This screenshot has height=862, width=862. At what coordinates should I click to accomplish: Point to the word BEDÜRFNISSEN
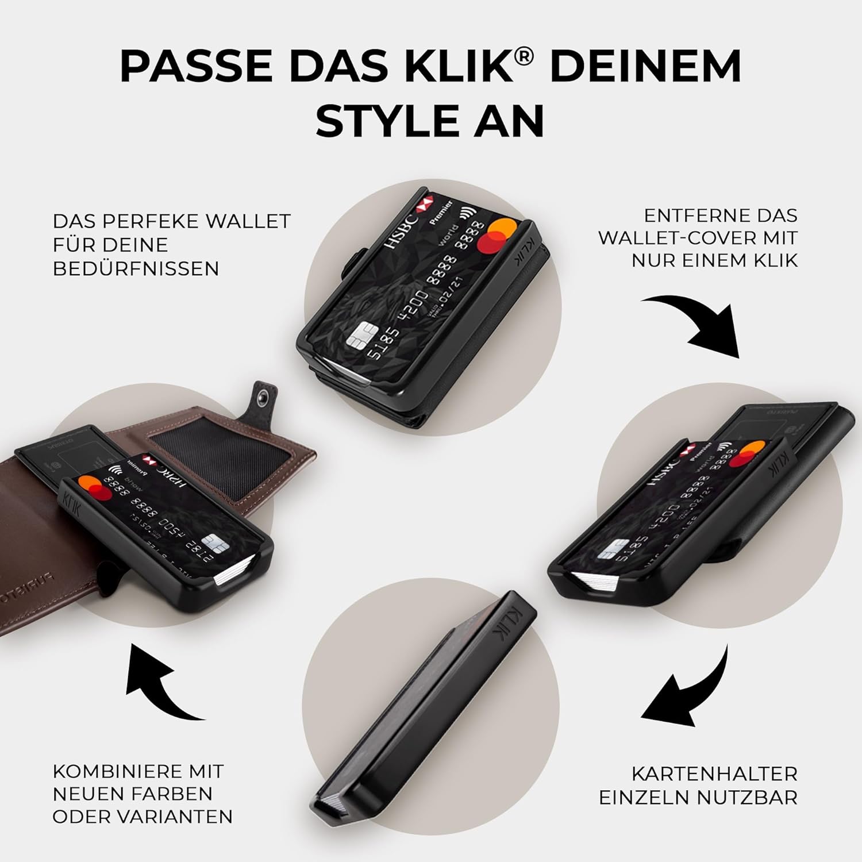(136, 268)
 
